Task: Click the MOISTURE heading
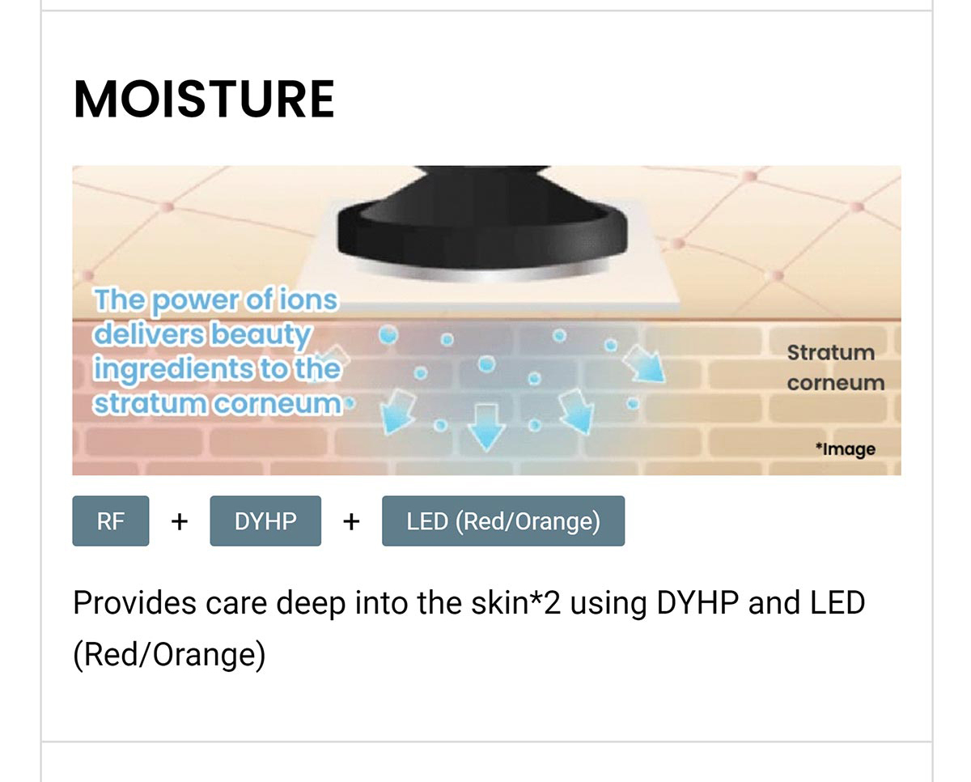tap(204, 99)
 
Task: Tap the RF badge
tap(111, 521)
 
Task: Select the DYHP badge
tap(265, 521)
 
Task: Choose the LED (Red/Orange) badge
tap(503, 521)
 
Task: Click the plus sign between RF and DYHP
tap(180, 522)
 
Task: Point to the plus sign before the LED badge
tap(351, 522)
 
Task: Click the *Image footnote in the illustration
tap(846, 449)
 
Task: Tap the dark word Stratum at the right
tap(831, 353)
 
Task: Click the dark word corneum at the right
tap(836, 384)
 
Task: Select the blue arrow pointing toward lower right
tap(644, 363)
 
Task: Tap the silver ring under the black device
tap(483, 271)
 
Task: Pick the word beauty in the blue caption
tap(261, 335)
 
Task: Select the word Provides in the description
tap(134, 603)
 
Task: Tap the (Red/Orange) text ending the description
tap(169, 655)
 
